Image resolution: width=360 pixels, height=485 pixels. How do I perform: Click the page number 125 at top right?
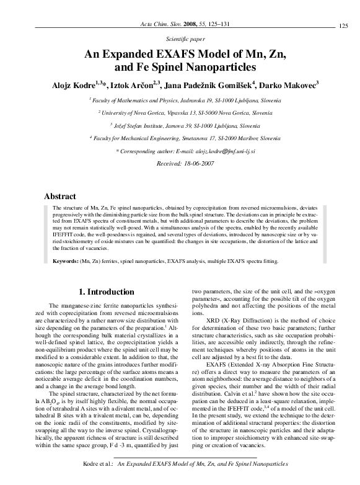pyautogui.click(x=344, y=25)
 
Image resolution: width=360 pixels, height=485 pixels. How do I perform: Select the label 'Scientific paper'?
pyautogui.click(x=180, y=38)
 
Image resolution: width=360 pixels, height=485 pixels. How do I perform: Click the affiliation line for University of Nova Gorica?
pyautogui.click(x=180, y=113)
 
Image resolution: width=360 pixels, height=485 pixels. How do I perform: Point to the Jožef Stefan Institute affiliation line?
pyautogui.click(x=180, y=126)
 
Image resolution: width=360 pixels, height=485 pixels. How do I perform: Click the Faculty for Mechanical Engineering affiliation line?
pyautogui.click(x=180, y=139)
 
